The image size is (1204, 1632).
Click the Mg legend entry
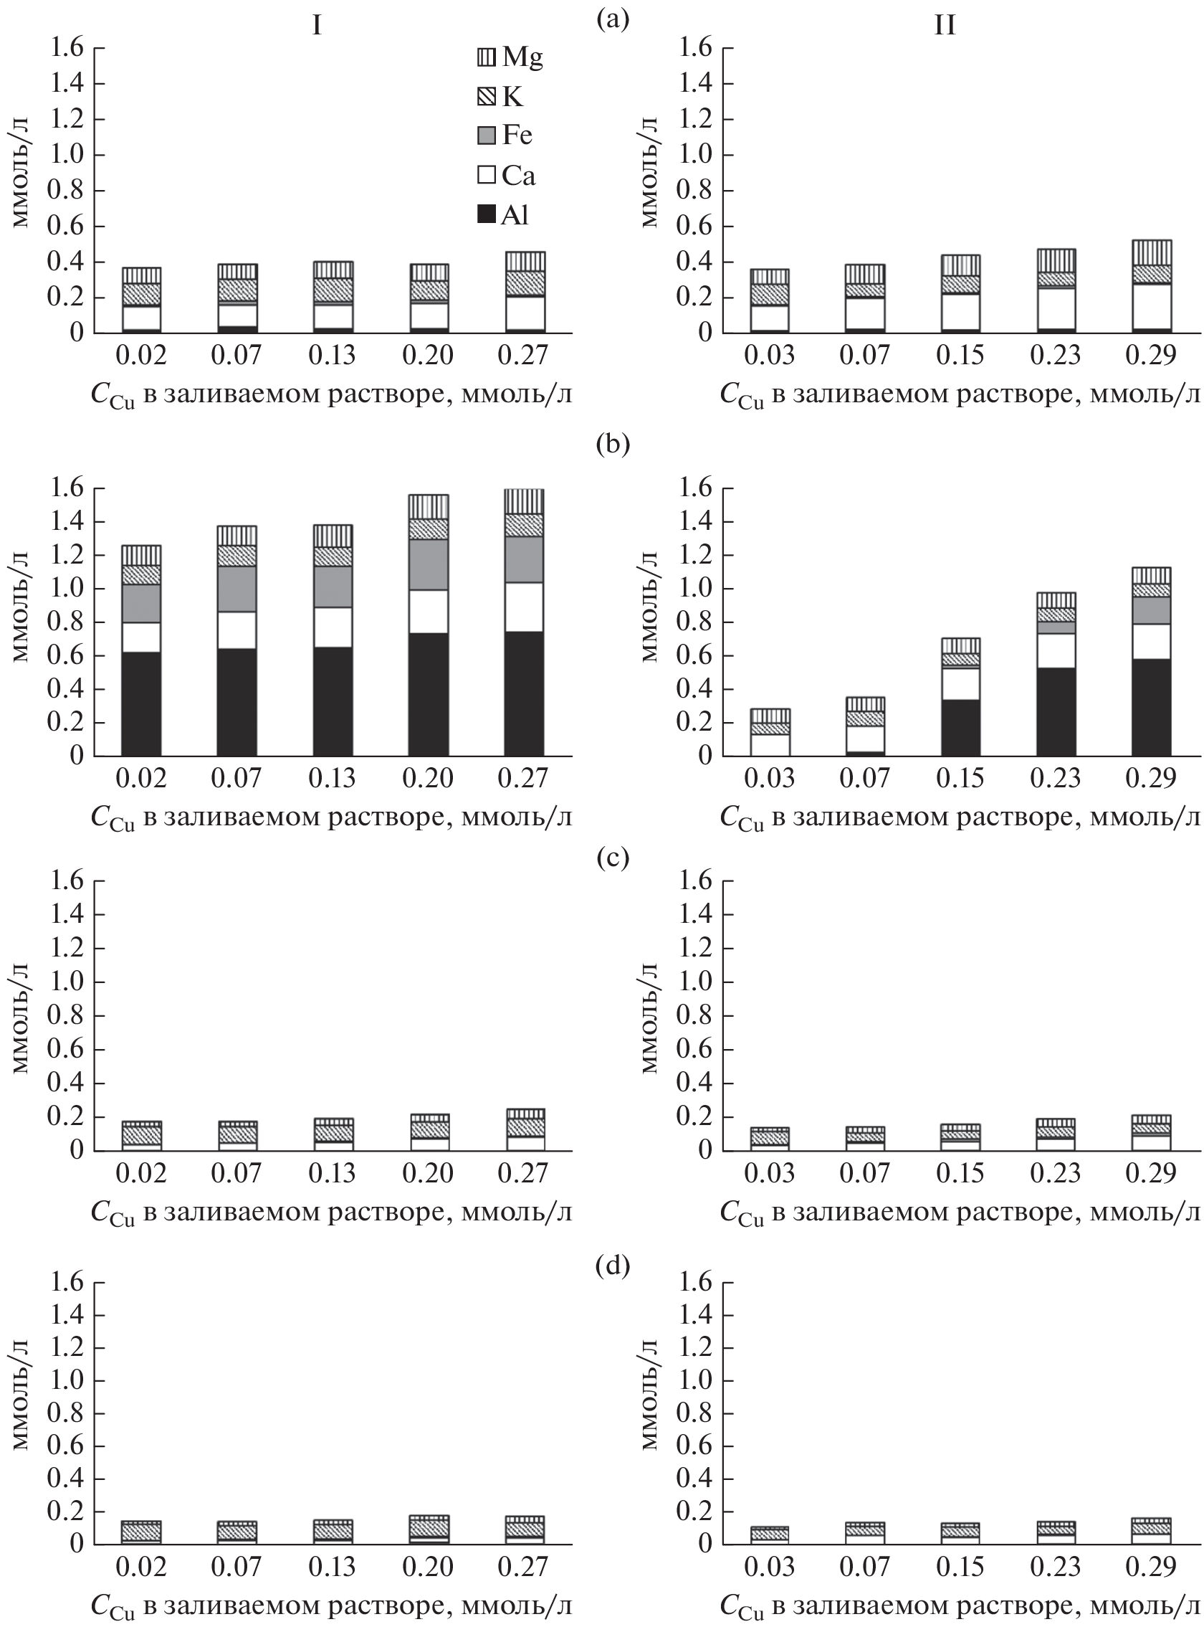coord(510,57)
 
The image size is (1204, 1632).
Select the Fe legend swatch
coord(486,136)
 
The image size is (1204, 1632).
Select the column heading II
coord(945,27)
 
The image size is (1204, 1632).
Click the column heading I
coord(317,27)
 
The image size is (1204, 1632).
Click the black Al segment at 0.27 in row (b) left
coord(523,693)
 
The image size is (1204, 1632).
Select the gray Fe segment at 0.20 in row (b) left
coord(428,564)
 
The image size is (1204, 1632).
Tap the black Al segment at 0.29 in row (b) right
coord(1151,707)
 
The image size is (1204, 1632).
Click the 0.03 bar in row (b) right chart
coord(770,733)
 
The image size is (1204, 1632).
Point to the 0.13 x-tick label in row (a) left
coord(332,356)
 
